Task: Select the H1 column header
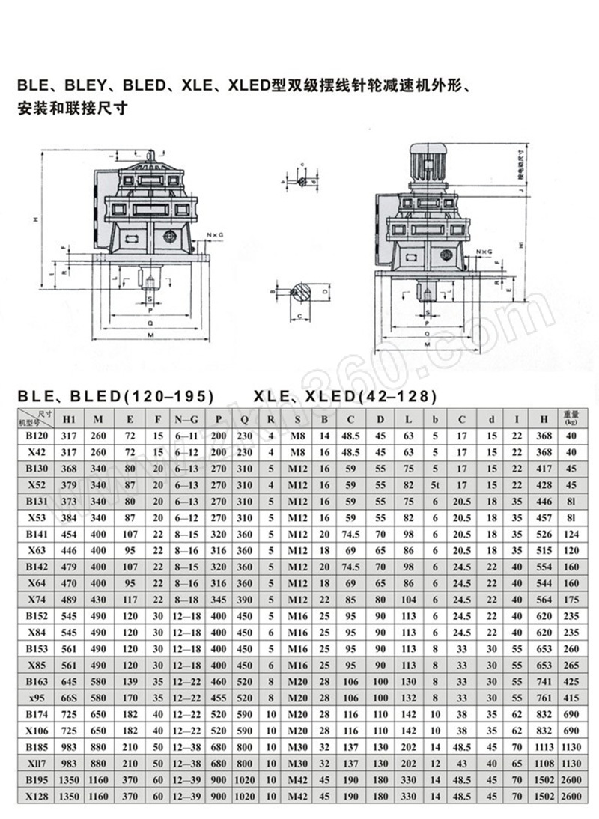click(x=69, y=418)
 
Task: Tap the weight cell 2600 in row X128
click(x=571, y=797)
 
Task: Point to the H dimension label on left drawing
click(x=35, y=219)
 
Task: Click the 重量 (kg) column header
click(x=571, y=418)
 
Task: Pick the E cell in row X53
click(x=131, y=518)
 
